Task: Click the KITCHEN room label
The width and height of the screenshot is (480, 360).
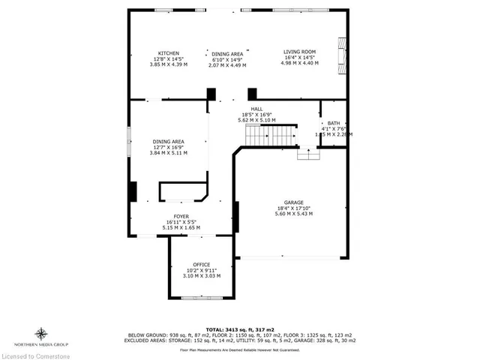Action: (168, 52)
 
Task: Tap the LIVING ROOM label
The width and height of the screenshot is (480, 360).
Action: (299, 52)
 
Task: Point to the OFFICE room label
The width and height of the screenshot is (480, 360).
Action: (201, 265)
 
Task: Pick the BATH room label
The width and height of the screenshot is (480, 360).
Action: (333, 123)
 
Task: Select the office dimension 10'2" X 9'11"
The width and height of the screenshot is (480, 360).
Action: (201, 271)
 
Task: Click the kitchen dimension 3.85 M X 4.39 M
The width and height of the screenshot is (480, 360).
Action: (168, 64)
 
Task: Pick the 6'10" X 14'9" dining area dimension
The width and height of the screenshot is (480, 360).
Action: (226, 59)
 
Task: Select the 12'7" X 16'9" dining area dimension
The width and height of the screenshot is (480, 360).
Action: (168, 147)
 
